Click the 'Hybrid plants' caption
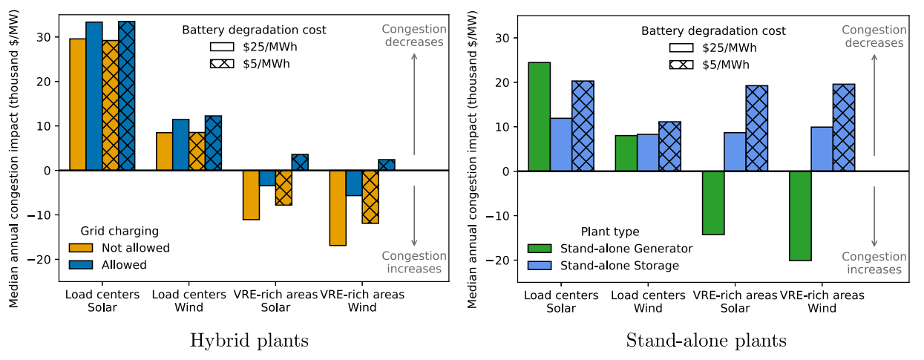coord(249,341)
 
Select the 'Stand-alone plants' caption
coord(706,341)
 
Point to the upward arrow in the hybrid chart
coord(414,104)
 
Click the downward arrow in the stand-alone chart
coord(874,216)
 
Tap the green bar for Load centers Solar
coord(539,117)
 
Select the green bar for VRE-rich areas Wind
coord(800,216)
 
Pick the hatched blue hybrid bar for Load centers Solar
coord(127,96)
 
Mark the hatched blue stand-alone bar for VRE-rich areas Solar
coord(757,128)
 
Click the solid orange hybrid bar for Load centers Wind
coord(164,151)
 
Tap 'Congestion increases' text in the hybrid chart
coord(414,262)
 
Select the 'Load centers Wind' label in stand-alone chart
coord(637,302)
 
